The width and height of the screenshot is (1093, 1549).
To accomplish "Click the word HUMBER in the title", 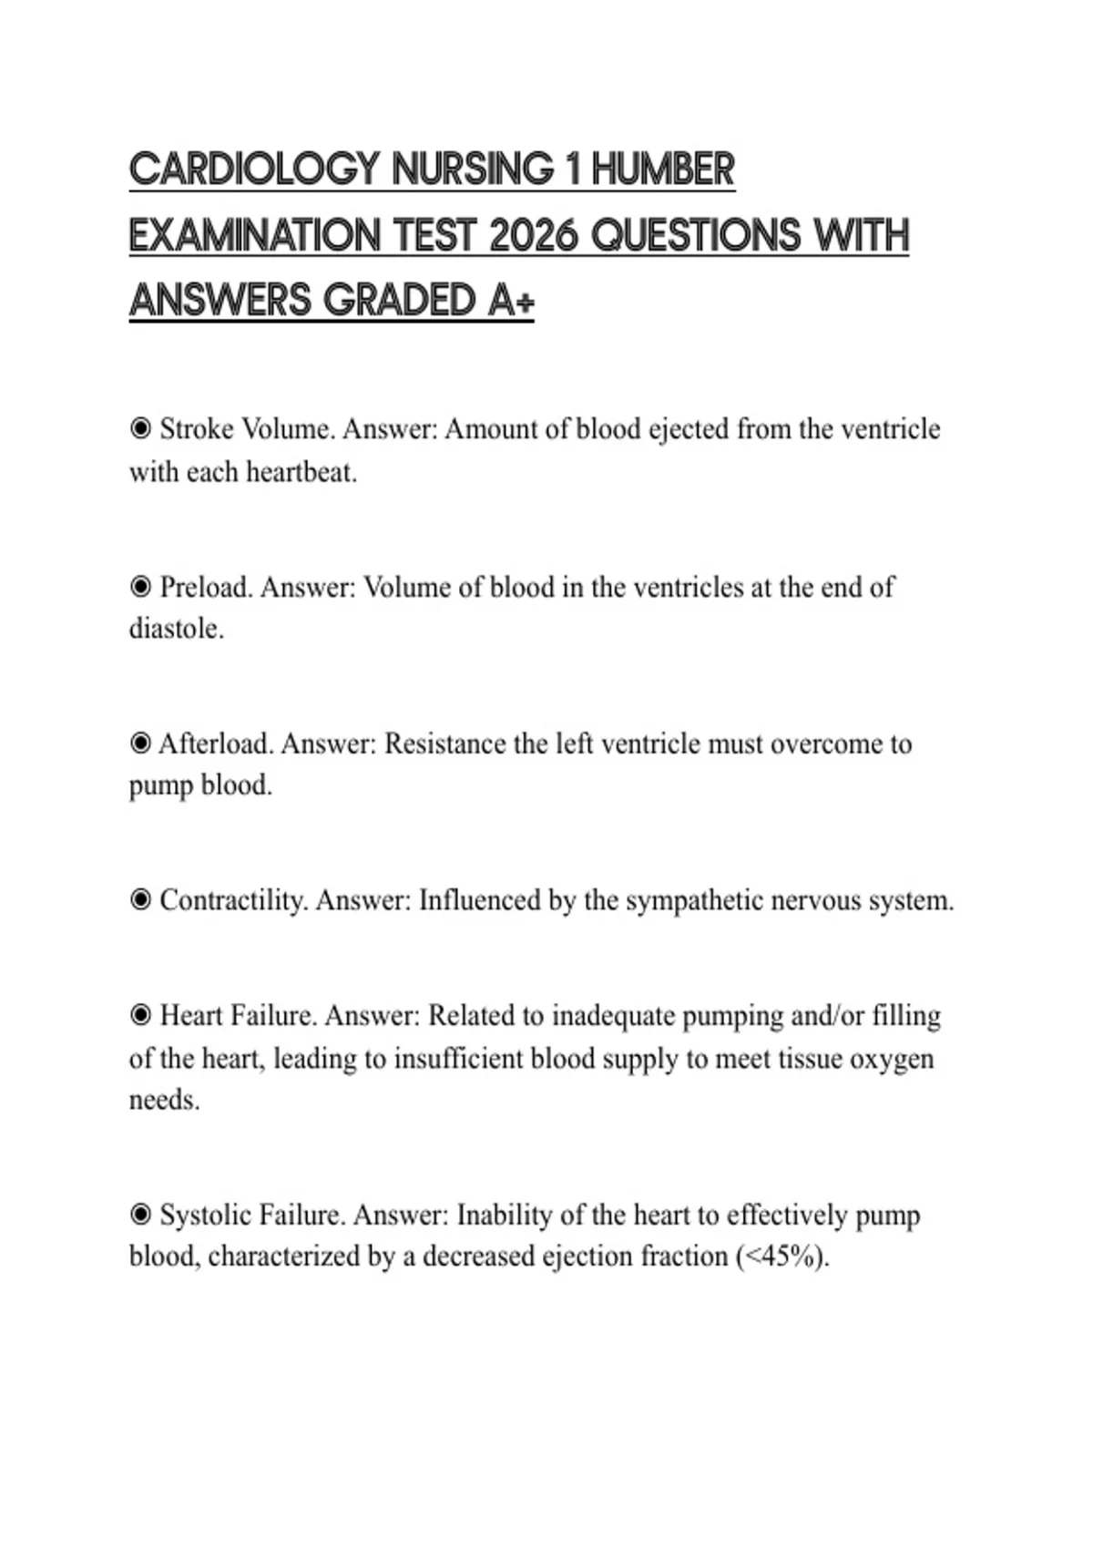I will click(x=662, y=170).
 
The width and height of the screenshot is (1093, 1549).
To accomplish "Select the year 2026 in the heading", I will click(x=533, y=236).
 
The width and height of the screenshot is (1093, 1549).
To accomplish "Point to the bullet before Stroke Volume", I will click(x=140, y=428).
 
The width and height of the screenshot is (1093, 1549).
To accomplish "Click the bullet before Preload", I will click(x=140, y=586).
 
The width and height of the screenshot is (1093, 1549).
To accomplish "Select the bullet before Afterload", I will click(x=140, y=744).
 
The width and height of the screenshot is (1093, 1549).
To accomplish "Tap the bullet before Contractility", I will click(x=140, y=900).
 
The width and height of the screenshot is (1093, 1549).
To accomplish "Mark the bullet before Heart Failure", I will click(x=140, y=1015).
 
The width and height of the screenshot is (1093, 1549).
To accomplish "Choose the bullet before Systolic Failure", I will click(x=140, y=1215).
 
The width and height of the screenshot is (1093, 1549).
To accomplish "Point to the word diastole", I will click(x=176, y=629).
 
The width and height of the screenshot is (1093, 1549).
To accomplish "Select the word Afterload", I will click(x=217, y=744).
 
